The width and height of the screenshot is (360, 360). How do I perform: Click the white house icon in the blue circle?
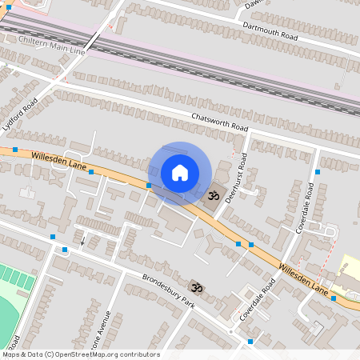point(180,173)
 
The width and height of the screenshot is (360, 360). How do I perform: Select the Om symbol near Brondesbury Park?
point(194,287)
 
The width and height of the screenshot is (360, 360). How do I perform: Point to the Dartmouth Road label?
point(271,31)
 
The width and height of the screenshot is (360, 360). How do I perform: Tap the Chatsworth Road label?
point(220,122)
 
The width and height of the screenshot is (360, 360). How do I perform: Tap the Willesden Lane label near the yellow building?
point(305,274)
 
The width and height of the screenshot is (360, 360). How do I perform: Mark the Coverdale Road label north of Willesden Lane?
point(306,207)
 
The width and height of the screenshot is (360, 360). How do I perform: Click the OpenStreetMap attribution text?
point(81,354)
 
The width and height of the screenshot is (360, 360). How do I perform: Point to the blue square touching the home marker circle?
point(149,186)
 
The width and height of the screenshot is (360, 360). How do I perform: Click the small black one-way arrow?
point(82,240)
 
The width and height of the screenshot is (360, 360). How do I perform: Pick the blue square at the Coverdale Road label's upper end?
point(318,172)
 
